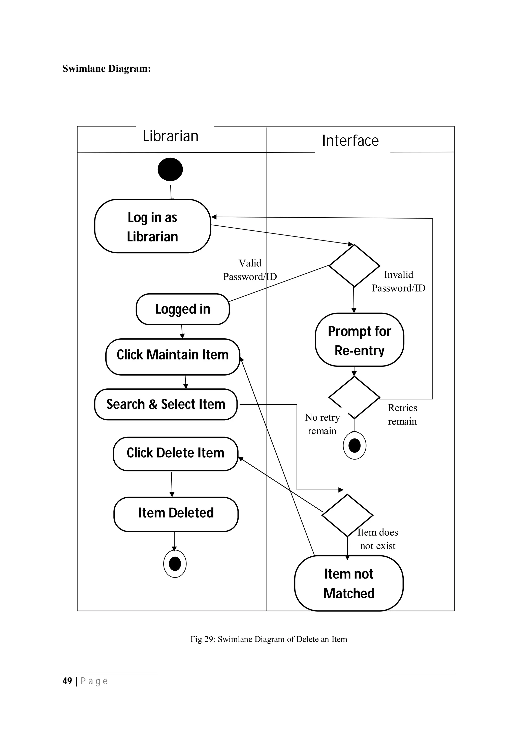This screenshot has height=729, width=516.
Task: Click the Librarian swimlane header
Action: (x=170, y=136)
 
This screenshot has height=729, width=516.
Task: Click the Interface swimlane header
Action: (x=350, y=141)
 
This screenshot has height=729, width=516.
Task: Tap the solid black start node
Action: (x=170, y=169)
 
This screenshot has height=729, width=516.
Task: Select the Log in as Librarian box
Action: (x=153, y=226)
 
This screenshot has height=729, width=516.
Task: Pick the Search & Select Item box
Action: (x=166, y=404)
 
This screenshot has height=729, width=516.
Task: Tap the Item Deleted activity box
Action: (x=176, y=514)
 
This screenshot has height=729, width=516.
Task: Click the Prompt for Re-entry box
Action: (x=359, y=340)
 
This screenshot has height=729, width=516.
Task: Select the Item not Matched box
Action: (x=349, y=584)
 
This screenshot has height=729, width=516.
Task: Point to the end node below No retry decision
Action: (x=354, y=445)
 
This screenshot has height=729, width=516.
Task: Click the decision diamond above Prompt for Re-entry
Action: (x=354, y=265)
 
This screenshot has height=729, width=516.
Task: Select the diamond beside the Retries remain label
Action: (x=354, y=397)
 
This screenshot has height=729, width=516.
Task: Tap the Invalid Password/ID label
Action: (x=398, y=281)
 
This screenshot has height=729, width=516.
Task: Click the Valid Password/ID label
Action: (x=250, y=270)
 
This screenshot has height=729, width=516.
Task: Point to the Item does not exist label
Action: (x=378, y=539)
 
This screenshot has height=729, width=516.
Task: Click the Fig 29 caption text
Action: (x=269, y=639)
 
